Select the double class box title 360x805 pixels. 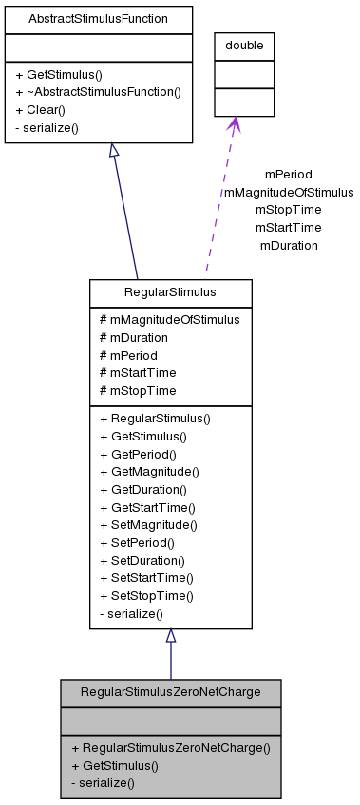[244, 46]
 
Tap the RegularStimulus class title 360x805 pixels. [170, 292]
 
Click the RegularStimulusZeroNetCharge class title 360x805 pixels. [171, 691]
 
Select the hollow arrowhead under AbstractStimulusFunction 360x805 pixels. [113, 151]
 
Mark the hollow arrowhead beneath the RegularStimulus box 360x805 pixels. [171, 636]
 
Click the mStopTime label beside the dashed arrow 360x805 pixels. [288, 209]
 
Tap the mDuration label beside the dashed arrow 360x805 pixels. [288, 245]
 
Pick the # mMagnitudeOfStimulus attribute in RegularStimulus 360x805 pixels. [169, 320]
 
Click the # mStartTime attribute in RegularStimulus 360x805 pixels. [138, 373]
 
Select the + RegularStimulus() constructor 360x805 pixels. [155, 418]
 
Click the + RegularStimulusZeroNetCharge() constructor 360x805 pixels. [171, 747]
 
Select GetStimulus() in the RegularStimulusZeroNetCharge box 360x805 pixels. [115, 765]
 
